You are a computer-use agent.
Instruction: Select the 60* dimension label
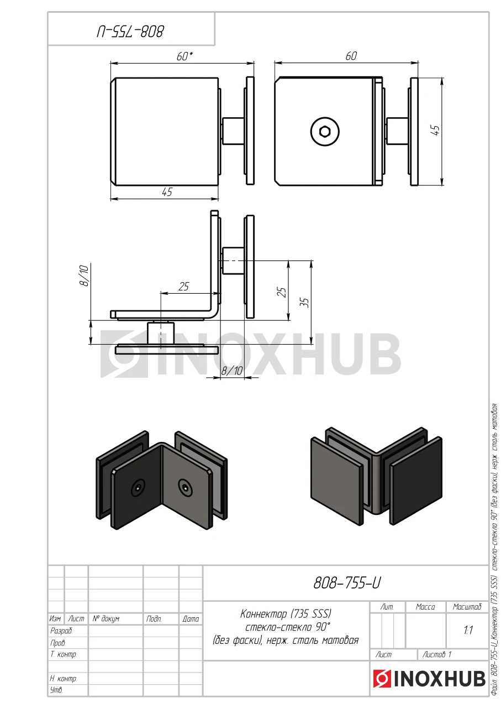(x=184, y=56)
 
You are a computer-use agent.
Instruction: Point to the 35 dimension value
(x=305, y=303)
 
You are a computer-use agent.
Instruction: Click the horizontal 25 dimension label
(x=183, y=287)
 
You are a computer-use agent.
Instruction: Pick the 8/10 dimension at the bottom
(x=231, y=371)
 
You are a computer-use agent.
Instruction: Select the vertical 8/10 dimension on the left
(x=85, y=275)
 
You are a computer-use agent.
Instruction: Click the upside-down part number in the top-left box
(x=130, y=32)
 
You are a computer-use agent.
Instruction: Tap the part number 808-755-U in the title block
(x=347, y=582)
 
